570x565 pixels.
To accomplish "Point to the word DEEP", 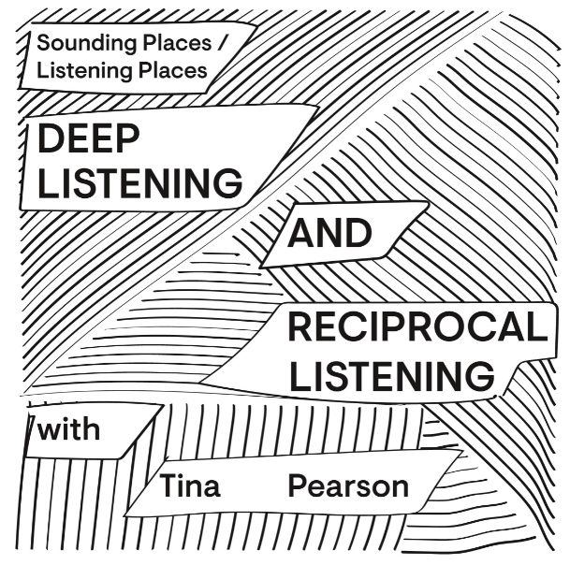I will (x=89, y=140).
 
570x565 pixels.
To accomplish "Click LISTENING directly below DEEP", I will (x=140, y=183).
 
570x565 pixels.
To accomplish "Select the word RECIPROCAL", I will (x=416, y=329).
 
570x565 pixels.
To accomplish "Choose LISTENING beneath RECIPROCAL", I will (x=390, y=377).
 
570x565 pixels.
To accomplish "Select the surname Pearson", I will (x=348, y=486).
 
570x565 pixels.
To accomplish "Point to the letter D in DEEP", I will (x=52, y=140).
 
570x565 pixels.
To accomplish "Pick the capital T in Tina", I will (x=168, y=486).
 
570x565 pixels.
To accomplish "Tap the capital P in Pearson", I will (x=297, y=486).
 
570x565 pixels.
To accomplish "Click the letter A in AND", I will (x=300, y=233).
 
